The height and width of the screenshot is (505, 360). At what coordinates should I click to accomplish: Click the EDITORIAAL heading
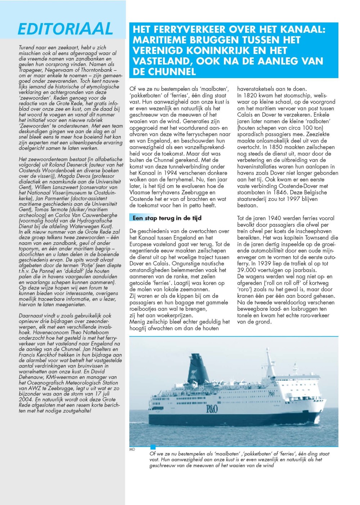[x=65, y=29]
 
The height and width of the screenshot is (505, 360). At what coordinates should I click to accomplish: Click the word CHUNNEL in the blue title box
[x=164, y=72]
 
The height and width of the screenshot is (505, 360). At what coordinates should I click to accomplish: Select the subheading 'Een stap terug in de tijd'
[x=167, y=218]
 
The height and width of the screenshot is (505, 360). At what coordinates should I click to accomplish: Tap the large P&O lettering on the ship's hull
[x=212, y=409]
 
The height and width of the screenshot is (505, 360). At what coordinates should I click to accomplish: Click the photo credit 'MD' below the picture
[x=132, y=450]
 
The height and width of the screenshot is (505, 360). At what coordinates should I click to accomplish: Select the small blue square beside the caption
[x=153, y=447]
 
